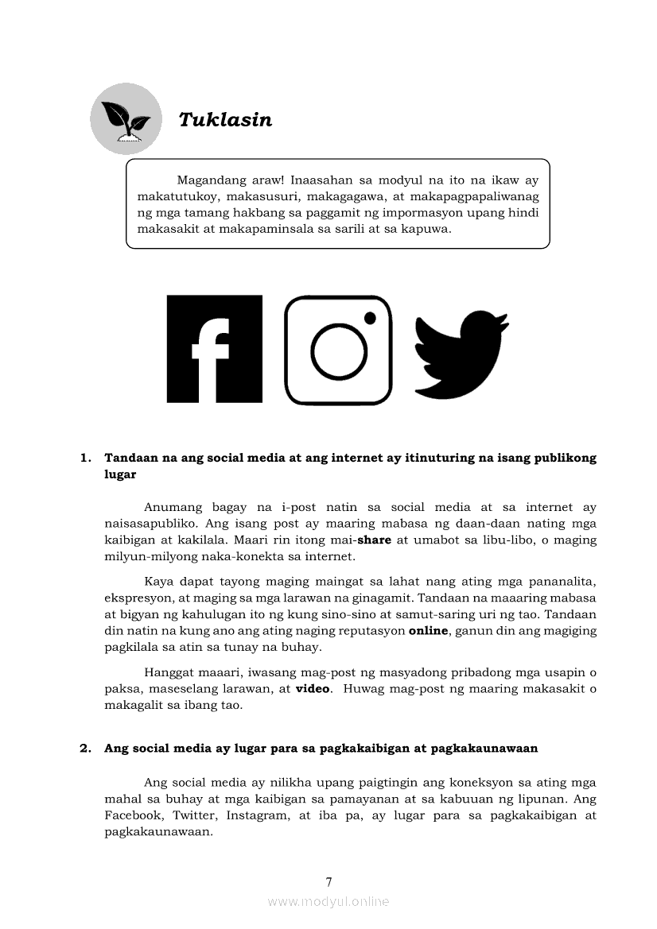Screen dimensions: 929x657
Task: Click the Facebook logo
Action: click(x=214, y=349)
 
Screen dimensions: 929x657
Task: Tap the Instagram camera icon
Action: click(x=338, y=350)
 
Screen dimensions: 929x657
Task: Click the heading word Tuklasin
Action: click(x=225, y=120)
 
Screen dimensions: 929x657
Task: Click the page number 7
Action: click(x=328, y=881)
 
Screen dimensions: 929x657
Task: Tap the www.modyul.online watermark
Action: click(x=328, y=901)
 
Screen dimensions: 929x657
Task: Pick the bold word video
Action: click(x=312, y=689)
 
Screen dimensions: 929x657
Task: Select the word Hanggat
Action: click(x=169, y=673)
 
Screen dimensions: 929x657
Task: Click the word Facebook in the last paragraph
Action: click(x=132, y=815)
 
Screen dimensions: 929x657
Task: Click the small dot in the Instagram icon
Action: click(x=370, y=317)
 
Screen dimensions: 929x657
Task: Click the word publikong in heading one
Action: click(x=562, y=459)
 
